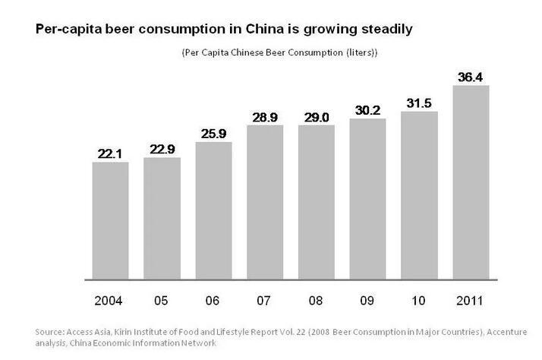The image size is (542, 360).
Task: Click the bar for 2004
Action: pyautogui.click(x=110, y=219)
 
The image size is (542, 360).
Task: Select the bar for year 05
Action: pyautogui.click(x=162, y=217)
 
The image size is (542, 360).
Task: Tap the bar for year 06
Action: pyautogui.click(x=213, y=210)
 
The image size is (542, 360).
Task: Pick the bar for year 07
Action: pyautogui.click(x=265, y=201)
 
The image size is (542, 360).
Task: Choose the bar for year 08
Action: pyautogui.click(x=316, y=201)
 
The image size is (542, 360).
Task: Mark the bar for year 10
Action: pyautogui.click(x=419, y=194)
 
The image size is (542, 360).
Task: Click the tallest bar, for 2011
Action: pyautogui.click(x=471, y=182)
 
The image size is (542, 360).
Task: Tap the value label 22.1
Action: pyautogui.click(x=110, y=153)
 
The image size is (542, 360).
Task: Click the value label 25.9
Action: pyautogui.click(x=213, y=134)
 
